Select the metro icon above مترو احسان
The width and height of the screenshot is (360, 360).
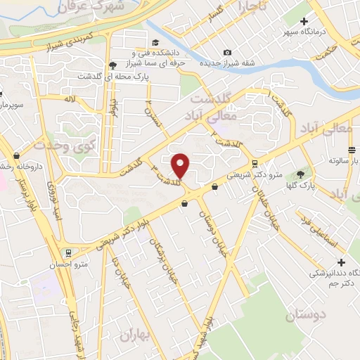coord(67,252)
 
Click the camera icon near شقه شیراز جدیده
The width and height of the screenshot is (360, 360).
coord(226,52)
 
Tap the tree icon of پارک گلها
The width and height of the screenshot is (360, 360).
coord(302,174)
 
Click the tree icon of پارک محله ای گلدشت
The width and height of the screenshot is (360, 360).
coord(112,66)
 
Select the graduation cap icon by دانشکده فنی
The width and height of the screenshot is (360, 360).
coord(134,52)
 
